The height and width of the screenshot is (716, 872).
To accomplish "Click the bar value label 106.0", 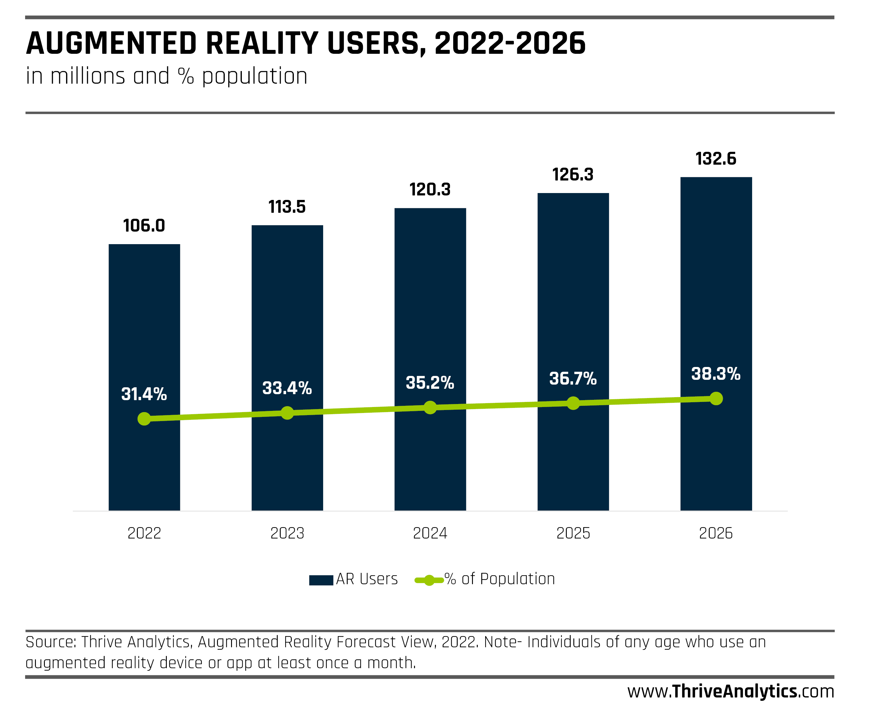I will pos(144,226).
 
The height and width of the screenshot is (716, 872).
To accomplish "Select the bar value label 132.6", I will pos(716,159).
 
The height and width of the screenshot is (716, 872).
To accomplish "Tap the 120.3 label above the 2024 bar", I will pos(430,190).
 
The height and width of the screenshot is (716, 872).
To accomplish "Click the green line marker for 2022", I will pos(144,419).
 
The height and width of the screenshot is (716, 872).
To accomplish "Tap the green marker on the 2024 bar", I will pos(430,408).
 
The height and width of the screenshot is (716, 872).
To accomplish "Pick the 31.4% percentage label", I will pos(144,394).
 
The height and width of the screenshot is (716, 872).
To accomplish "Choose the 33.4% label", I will pos(287,388).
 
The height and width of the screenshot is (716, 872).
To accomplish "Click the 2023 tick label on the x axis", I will pos(287,533).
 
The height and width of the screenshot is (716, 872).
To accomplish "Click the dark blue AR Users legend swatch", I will pos(321,580).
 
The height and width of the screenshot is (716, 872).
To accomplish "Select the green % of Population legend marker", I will pos(429,580).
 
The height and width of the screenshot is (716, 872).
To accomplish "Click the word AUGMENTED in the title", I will pos(112,44).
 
